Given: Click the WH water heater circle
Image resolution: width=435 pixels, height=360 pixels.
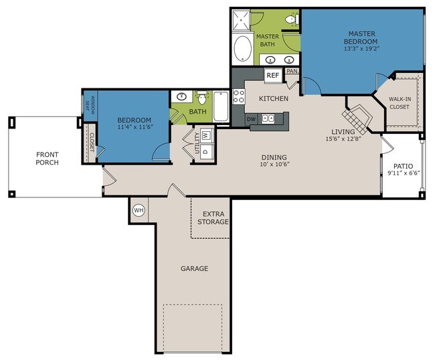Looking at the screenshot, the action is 139,210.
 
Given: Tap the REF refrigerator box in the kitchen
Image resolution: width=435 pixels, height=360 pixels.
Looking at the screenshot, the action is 273,76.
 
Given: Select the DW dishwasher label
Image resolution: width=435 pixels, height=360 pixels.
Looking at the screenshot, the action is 252,120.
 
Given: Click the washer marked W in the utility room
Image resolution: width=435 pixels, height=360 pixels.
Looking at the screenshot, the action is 205,136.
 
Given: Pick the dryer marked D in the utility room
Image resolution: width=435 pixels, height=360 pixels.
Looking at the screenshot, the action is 206,151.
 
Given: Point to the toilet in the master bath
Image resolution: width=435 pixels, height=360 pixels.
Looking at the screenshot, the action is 292,19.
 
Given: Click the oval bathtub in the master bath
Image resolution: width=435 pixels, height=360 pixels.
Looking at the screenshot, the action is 242,49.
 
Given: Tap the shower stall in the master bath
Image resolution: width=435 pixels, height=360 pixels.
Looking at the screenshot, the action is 242,20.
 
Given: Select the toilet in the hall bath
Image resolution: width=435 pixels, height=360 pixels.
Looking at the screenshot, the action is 202,98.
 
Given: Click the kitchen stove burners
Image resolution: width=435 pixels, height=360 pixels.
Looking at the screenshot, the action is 239,96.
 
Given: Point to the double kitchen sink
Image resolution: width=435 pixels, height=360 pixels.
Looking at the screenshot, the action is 268,118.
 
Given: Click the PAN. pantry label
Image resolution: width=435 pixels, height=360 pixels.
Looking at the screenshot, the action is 292,72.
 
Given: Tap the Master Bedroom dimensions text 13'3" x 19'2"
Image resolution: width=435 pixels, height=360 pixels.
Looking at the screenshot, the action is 361,49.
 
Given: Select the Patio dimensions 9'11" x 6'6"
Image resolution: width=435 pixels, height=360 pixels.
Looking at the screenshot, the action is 404,173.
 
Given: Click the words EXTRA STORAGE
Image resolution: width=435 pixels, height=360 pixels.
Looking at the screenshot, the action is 213,218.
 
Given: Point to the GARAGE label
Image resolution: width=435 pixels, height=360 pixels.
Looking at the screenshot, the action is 195,268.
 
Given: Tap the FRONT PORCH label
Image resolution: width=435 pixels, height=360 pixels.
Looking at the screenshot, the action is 47,159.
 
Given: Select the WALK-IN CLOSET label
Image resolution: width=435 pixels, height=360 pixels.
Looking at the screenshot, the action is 400,103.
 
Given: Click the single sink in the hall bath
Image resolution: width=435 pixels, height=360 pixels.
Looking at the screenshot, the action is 182,96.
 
